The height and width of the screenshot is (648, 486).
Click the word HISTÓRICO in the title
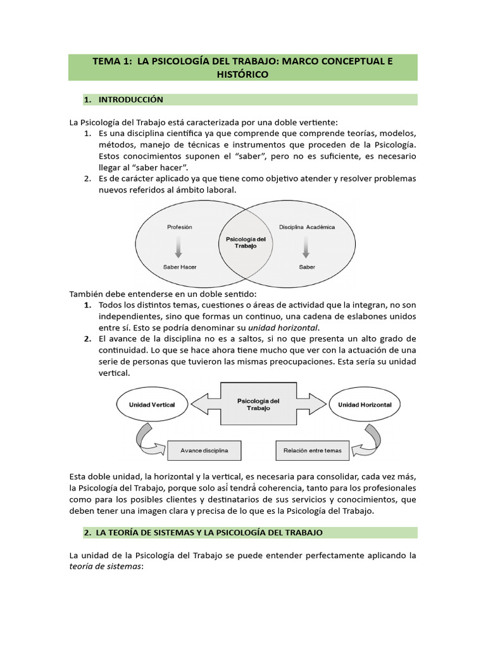click(x=243, y=74)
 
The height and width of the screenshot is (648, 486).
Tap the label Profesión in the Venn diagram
click(x=180, y=227)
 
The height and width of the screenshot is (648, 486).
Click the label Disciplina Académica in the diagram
click(x=306, y=227)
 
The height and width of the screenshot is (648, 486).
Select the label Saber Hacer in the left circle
click(x=180, y=267)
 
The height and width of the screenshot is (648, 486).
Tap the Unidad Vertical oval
click(x=152, y=404)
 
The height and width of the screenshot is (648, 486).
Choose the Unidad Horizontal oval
click(x=364, y=404)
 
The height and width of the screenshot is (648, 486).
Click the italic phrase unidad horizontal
click(x=283, y=327)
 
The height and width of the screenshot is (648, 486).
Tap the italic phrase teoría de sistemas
click(x=106, y=567)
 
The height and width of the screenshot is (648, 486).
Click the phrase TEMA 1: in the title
click(x=111, y=61)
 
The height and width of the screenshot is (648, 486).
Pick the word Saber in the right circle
click(x=306, y=267)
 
